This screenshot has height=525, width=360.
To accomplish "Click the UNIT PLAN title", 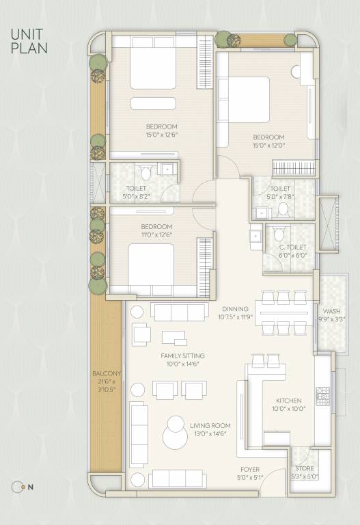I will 28,40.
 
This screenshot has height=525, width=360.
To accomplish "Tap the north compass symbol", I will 18,487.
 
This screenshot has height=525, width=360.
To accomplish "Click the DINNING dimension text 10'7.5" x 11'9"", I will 236,317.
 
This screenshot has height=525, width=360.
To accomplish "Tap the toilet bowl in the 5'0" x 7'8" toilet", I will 283,211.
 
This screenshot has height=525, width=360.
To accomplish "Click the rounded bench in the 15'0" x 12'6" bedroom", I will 154,103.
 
